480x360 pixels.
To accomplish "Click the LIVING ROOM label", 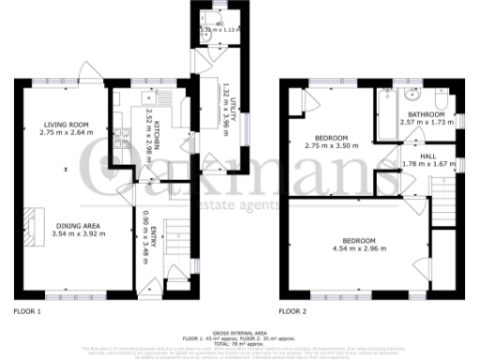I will [64, 125].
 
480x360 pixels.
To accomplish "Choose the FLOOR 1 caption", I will [28, 309].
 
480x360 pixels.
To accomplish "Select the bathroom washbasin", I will [412, 96].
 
